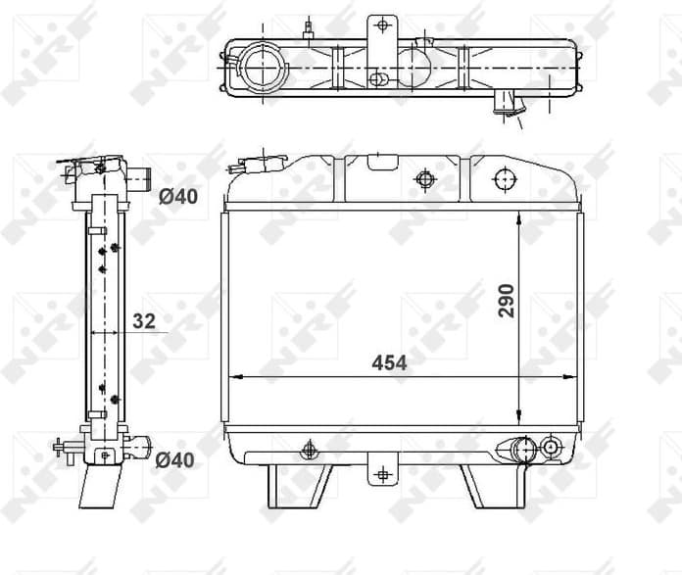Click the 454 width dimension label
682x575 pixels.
tap(389, 362)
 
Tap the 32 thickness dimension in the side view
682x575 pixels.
tap(143, 319)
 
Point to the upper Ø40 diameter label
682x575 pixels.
tap(177, 196)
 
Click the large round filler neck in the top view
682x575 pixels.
tap(263, 67)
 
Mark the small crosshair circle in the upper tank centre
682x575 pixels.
tap(424, 179)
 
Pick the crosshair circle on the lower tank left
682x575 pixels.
tap(310, 449)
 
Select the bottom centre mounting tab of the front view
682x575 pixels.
tap(382, 473)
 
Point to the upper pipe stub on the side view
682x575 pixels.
tap(139, 178)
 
